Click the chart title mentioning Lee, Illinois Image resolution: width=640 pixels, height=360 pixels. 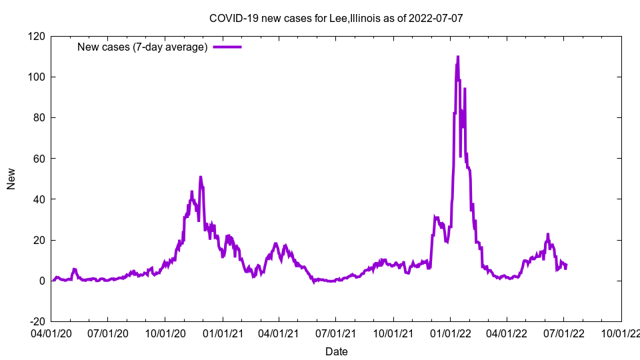point(336,18)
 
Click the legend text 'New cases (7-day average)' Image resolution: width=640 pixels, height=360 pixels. point(143,47)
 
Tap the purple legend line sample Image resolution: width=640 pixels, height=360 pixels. point(227,47)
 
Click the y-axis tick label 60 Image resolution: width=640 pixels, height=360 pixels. point(38,159)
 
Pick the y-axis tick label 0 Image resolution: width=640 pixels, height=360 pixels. point(41,281)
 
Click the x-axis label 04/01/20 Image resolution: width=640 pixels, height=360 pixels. point(51,332)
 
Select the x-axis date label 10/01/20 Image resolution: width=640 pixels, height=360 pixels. point(165,332)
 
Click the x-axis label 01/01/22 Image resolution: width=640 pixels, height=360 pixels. point(451,332)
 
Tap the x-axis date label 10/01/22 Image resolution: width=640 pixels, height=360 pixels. point(621,332)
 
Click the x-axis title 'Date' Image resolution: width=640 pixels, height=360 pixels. point(336,351)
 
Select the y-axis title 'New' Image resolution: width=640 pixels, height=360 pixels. point(11,179)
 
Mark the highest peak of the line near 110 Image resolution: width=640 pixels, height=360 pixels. point(457,57)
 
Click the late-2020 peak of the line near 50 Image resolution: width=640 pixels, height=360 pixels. point(201,177)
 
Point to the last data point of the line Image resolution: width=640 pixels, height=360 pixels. point(566,267)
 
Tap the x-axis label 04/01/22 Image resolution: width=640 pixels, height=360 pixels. point(507,332)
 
